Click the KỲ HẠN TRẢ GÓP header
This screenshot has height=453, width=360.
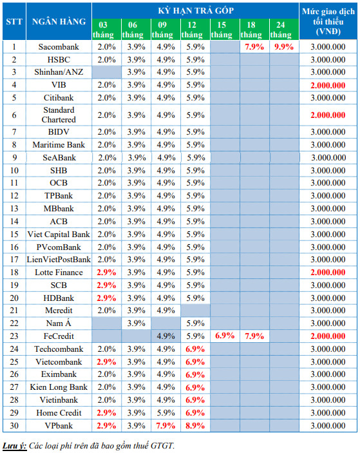tap(196, 11)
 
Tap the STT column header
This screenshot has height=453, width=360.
tap(14, 22)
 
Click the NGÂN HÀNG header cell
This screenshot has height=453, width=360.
tap(59, 21)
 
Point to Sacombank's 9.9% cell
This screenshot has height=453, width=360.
tap(284, 47)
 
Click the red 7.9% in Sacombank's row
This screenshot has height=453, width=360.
tap(254, 47)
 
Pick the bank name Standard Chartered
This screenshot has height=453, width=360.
tap(59, 115)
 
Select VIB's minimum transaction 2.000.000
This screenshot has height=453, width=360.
tap(328, 85)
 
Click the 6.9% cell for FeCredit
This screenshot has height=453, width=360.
tap(225, 336)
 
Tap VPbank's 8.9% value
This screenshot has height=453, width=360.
tap(195, 425)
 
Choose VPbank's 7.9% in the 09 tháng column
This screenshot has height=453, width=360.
tap(166, 425)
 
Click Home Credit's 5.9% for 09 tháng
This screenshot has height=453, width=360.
tap(166, 413)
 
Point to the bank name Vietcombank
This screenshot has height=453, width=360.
tap(59, 361)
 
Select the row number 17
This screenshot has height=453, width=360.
tap(14, 260)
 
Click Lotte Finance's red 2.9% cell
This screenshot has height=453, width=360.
tap(106, 273)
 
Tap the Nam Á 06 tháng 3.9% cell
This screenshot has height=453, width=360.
tap(136, 323)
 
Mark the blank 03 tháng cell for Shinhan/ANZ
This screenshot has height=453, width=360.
tap(106, 72)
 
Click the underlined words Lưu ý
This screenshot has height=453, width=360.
tap(14, 446)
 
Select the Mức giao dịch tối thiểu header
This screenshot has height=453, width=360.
tap(328, 21)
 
